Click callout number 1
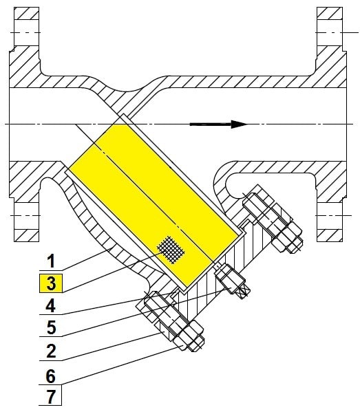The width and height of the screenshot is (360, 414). (x=51, y=261)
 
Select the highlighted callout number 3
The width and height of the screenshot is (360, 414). (x=51, y=283)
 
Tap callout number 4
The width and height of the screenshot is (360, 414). (x=51, y=306)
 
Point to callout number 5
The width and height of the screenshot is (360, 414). (x=51, y=328)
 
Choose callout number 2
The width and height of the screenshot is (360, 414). (x=51, y=351)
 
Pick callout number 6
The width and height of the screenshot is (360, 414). (x=51, y=376)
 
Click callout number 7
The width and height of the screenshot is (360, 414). (x=51, y=396)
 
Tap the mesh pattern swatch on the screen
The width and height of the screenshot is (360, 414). (x=171, y=250)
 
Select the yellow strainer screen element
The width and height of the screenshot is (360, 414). (x=153, y=206)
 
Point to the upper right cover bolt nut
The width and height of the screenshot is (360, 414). (x=287, y=238)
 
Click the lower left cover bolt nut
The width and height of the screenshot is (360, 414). (x=188, y=336)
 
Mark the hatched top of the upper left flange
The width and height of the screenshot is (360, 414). (x=26, y=13)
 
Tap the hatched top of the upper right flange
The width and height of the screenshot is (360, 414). (x=330, y=13)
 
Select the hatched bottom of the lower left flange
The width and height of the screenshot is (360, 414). (x=26, y=235)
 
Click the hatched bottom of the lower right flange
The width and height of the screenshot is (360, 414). (x=330, y=235)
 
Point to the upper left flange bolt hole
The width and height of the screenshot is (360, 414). (x=26, y=33)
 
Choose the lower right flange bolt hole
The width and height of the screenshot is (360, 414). (x=330, y=216)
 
